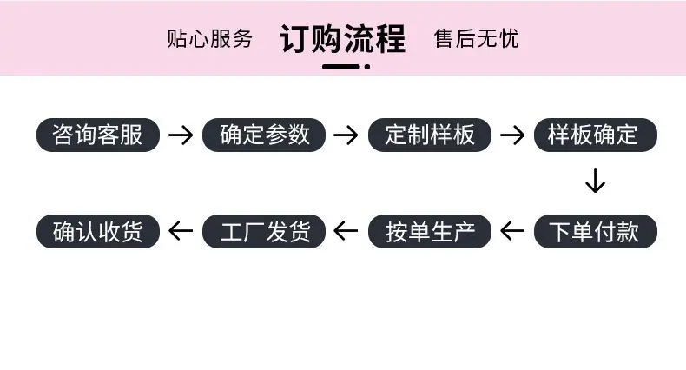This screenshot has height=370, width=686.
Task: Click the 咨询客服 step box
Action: [98, 135]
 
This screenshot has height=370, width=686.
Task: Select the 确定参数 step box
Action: [264, 135]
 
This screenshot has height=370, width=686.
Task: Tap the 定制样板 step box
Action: [430, 135]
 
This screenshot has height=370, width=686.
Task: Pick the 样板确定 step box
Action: [596, 135]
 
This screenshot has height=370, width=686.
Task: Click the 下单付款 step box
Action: [596, 231]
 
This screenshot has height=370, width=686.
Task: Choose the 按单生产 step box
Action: [430, 231]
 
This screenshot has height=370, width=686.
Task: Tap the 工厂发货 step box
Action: [264, 231]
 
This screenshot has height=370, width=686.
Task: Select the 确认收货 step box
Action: [98, 231]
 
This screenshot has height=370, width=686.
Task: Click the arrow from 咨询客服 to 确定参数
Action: [181, 135]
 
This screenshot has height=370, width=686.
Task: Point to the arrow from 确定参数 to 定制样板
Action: [346, 135]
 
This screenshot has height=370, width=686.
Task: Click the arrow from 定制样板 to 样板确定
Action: [512, 135]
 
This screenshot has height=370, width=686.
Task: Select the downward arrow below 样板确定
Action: [596, 181]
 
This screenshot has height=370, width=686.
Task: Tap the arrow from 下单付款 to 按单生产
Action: [512, 231]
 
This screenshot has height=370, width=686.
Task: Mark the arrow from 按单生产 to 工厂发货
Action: [346, 231]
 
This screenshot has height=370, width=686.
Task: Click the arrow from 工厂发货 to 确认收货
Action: [181, 231]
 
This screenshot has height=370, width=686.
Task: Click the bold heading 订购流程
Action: [342, 39]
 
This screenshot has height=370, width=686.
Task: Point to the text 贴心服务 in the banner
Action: [209, 38]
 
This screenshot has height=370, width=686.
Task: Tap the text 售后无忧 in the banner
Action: [477, 38]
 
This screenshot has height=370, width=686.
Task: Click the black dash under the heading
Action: [341, 67]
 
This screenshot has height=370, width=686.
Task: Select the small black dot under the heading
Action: [367, 67]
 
